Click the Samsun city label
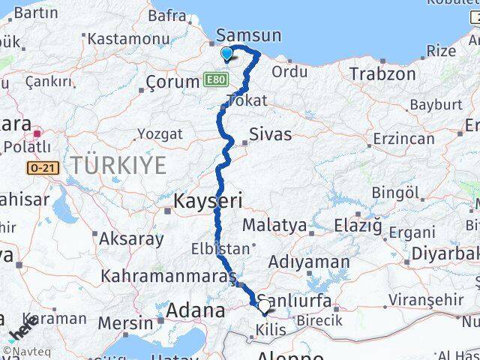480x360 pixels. pos(248,35)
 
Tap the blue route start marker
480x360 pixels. pos(227,53)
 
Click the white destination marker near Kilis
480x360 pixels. pos(264,306)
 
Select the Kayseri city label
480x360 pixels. pos(208,201)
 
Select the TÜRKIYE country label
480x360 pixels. pos(118,166)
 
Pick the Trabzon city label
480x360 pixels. pos(382,73)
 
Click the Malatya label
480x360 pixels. pos(274,225)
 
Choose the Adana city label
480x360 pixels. pos(195,310)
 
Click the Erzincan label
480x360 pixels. pos(404,139)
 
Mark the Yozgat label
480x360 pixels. pos(159,134)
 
